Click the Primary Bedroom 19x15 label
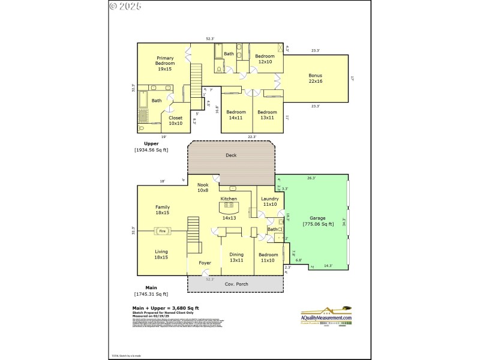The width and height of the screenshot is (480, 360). tap(165, 64)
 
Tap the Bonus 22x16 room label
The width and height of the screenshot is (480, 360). tap(316, 78)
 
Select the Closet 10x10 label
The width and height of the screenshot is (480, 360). tap(175, 121)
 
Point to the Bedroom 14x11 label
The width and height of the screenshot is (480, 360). tap(236, 115)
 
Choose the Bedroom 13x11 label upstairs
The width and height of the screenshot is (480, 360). tap(267, 115)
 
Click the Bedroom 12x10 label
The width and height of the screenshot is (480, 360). tap(265, 59)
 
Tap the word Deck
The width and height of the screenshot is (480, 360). tap(231, 155)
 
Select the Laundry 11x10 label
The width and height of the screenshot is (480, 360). tap(270, 201)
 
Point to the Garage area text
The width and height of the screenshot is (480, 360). tap(317, 221)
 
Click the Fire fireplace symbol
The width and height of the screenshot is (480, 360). tap(162, 230)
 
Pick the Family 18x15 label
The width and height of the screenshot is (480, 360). tap(163, 209)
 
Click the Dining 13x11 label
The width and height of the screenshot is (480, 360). tap(236, 257)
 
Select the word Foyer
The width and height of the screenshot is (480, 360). tap(205, 263)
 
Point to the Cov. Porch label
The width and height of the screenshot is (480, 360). tap(236, 284)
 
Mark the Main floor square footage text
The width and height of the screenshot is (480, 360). tap(151, 294)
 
